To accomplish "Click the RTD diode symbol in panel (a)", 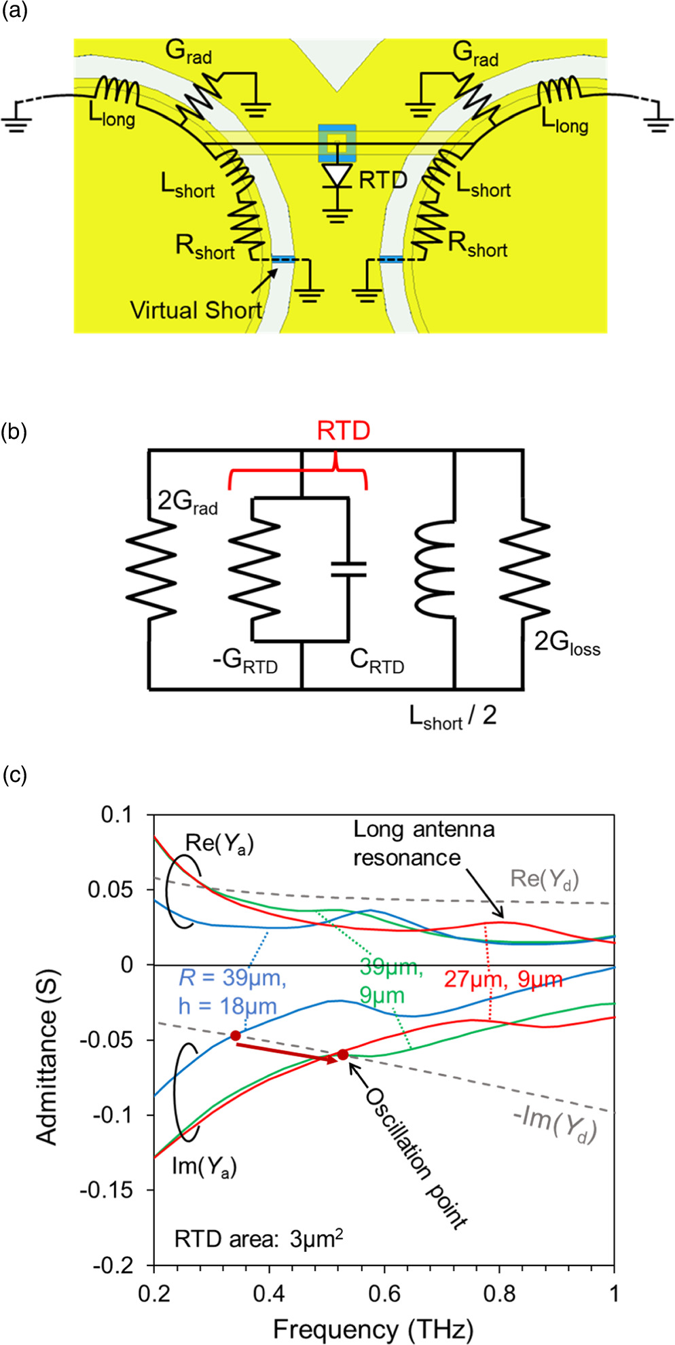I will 337,176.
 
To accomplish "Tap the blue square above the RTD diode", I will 337,143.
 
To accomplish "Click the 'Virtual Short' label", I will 196,310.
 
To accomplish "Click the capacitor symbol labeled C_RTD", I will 348,569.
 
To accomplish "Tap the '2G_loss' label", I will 567,642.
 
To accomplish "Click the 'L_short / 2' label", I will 452,716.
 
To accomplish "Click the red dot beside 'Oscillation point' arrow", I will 343,1054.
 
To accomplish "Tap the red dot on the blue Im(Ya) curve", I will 235,1035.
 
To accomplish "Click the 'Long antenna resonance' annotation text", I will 423,843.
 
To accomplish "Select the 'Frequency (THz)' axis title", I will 373,1329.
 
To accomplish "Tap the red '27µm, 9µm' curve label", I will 503,979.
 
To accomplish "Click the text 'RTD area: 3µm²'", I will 258,1239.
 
